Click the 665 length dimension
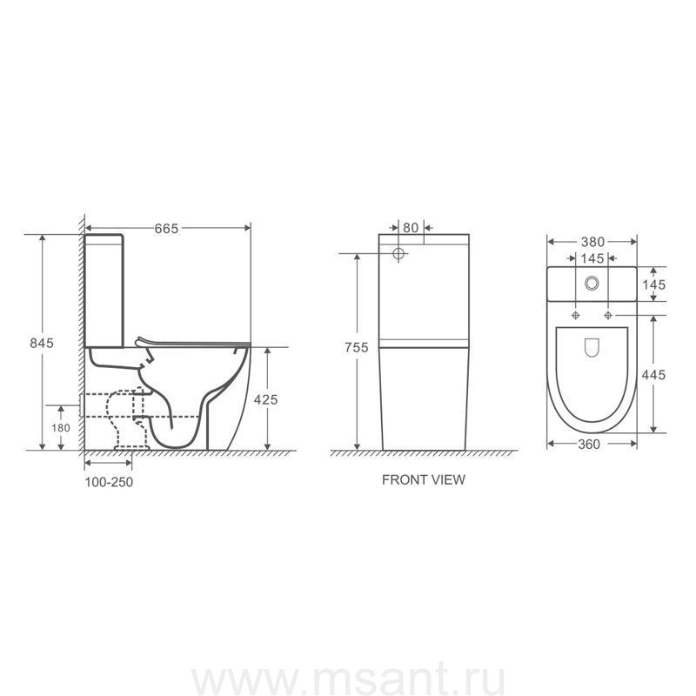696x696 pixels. (x=166, y=229)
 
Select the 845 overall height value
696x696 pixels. (x=42, y=343)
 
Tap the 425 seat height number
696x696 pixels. (x=266, y=400)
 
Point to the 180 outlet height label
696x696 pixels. (x=61, y=428)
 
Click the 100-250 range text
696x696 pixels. (x=109, y=482)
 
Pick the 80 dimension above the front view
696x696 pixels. (x=411, y=228)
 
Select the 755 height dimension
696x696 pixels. (x=357, y=347)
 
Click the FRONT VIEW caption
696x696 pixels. (x=424, y=480)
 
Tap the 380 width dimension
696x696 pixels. (x=593, y=242)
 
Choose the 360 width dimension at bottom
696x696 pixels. (x=589, y=445)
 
